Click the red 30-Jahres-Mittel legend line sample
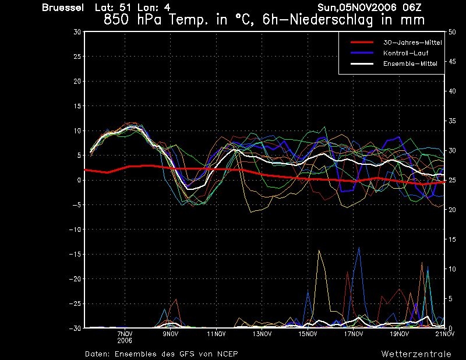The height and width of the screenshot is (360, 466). click(x=362, y=42)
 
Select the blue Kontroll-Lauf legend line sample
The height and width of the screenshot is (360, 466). click(x=362, y=53)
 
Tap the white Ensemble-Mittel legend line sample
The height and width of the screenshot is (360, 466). click(x=362, y=63)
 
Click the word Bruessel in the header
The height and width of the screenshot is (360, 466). click(x=63, y=8)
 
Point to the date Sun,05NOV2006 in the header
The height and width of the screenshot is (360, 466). click(x=357, y=8)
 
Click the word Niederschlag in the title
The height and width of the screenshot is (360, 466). click(x=331, y=20)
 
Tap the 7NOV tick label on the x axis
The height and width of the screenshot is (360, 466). click(x=125, y=334)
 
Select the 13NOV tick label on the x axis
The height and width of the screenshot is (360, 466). click(x=262, y=334)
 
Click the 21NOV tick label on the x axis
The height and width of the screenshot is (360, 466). click(x=445, y=334)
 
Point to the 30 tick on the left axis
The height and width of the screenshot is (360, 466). click(x=77, y=32)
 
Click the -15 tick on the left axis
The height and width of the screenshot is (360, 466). click(x=75, y=254)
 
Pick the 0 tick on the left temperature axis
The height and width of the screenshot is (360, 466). click(x=79, y=180)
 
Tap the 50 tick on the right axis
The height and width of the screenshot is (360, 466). click(x=452, y=32)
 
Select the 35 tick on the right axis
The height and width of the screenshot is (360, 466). click(x=452, y=121)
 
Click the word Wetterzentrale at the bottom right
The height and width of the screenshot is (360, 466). click(x=416, y=354)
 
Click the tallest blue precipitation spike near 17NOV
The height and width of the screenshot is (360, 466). click(x=359, y=248)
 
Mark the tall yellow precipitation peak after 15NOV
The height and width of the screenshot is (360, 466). click(x=319, y=250)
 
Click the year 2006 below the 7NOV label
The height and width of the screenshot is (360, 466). click(x=125, y=340)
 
